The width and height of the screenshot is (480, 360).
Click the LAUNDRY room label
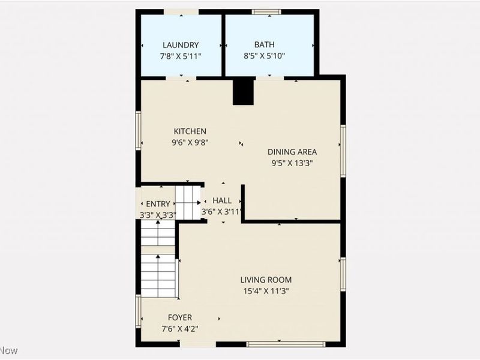[181, 45]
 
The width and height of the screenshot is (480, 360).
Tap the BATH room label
[265, 45]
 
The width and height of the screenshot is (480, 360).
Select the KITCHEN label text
[190, 131]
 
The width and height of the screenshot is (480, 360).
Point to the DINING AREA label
[292, 152]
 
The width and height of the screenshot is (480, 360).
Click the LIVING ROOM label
[266, 280]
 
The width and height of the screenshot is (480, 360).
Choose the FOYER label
[180, 317]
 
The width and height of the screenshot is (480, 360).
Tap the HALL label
[222, 201]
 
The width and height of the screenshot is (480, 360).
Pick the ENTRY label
[158, 204]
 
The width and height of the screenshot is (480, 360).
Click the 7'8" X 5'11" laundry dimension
[181, 56]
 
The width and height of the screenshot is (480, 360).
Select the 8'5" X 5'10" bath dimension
[265, 56]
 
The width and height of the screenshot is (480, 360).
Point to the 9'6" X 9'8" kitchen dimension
[190, 142]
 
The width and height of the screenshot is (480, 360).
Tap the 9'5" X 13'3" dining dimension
[292, 163]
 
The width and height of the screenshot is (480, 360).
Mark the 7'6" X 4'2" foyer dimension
[180, 328]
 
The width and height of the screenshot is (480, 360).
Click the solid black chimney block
[243, 92]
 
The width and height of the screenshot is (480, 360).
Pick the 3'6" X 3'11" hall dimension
[221, 211]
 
